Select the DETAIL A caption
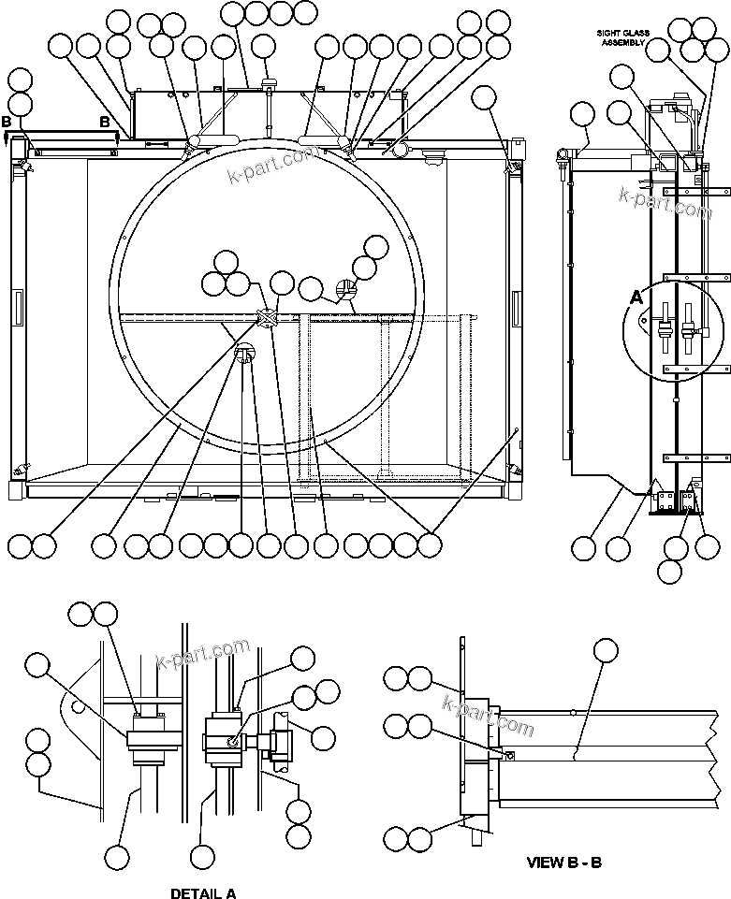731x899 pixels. point(202,892)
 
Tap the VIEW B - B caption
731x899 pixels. point(563,862)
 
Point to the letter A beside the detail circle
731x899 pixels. point(636,297)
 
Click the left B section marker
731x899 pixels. point(7,123)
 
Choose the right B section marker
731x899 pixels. point(105,123)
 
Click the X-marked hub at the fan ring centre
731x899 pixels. point(267,319)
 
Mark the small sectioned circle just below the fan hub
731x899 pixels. point(245,354)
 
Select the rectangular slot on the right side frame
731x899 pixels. point(516,304)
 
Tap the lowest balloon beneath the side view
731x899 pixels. point(670,570)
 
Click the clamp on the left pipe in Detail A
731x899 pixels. point(152,737)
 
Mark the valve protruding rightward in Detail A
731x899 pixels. point(274,744)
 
